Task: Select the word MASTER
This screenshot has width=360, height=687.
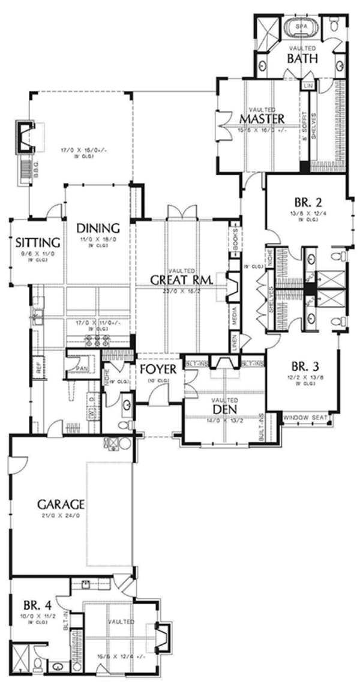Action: tap(261, 118)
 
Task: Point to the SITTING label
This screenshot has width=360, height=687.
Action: tap(37, 243)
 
